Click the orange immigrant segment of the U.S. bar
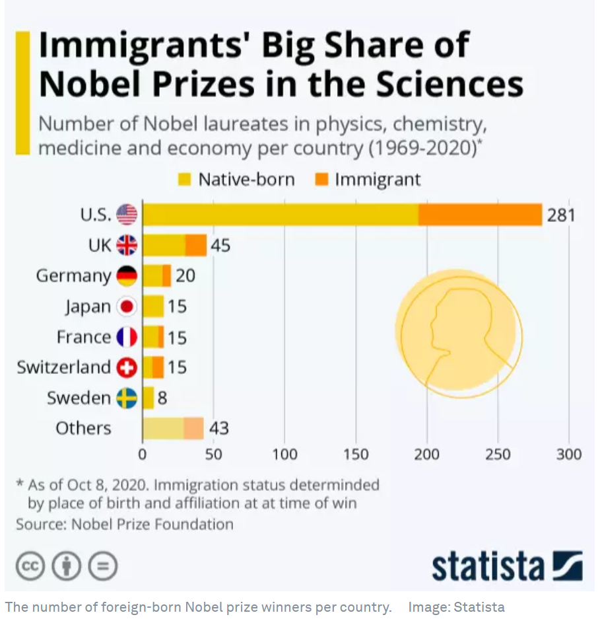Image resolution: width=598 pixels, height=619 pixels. pos(480,215)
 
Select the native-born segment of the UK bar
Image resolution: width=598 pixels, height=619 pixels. pos(164,245)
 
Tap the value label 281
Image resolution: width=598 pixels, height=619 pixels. pos(561,215)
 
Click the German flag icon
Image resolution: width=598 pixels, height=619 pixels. pos(127,275)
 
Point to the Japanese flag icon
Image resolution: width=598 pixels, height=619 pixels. pos(127,307)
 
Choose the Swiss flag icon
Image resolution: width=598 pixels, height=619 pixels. pos(127,367)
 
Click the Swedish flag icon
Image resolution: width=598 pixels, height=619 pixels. pos(127,398)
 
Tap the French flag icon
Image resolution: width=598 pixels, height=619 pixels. pos(127,337)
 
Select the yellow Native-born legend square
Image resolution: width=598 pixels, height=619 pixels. pos(185,180)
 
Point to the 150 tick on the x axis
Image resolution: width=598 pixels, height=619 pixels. pos(356,455)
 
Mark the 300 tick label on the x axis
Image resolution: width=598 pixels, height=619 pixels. pos(569,455)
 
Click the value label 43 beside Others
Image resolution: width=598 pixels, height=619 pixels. pos(218,428)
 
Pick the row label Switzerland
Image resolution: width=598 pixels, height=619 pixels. pos(63,367)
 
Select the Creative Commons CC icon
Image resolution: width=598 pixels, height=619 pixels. pos(29,566)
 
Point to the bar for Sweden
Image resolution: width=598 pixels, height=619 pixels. pos(149,398)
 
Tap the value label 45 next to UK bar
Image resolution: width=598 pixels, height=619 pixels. pos(220,246)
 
